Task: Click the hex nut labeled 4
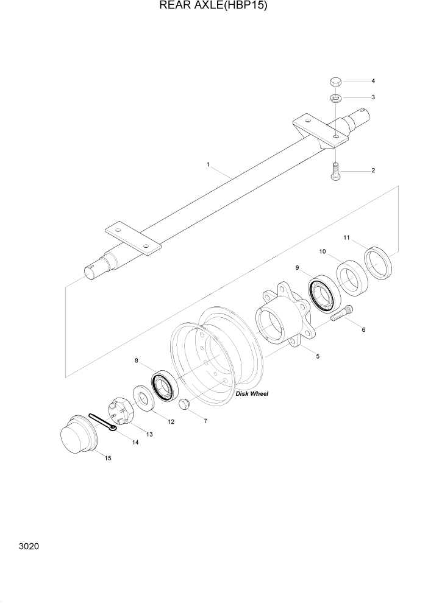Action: coord(335,81)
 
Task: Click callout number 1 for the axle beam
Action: coord(208,164)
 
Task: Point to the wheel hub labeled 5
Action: coord(284,315)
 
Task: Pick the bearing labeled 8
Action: coord(163,385)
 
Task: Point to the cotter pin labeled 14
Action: coord(102,423)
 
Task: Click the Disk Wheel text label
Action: coord(251,393)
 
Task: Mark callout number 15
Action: coord(107,458)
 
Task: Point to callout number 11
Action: coord(346,237)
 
